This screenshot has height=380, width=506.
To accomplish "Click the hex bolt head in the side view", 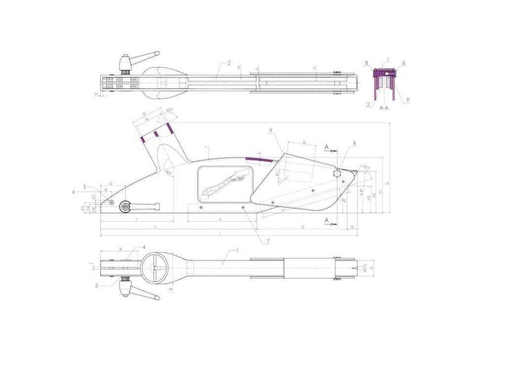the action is point(337,174).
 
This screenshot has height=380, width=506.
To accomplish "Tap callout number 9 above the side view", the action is point(271,130).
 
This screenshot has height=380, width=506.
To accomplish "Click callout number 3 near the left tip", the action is point(84,187).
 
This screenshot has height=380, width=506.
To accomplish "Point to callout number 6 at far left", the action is point(74,191).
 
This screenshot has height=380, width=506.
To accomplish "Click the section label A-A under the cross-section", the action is point(384,107).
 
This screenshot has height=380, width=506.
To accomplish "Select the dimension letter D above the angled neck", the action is point(144,114).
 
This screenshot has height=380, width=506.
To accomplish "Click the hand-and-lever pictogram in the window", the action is point(225,182).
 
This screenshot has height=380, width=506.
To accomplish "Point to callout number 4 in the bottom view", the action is point(144,246).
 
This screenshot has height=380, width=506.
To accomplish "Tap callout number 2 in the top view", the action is point(229,63).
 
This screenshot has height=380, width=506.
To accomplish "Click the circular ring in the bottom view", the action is point(156,268).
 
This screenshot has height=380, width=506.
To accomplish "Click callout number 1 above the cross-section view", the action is point(388,59).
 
